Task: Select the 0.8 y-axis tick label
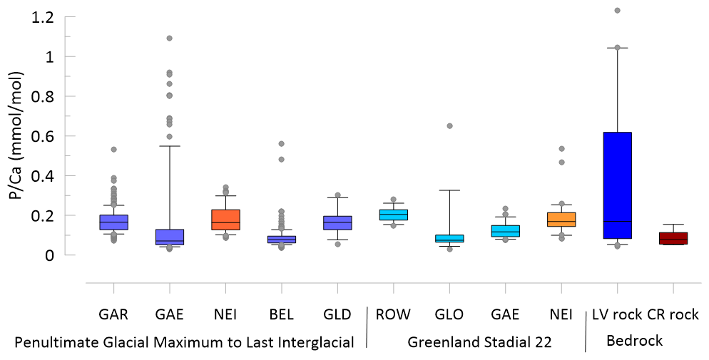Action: (44, 96)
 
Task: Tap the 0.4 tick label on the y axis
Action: (44, 175)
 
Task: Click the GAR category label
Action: (114, 314)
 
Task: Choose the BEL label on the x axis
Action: (282, 314)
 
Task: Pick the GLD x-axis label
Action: (337, 314)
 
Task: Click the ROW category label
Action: (394, 314)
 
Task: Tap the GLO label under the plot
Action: (449, 314)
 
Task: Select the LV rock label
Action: (616, 314)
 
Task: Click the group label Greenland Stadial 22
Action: (479, 342)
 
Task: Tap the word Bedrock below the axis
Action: (634, 341)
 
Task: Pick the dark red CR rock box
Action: (673, 238)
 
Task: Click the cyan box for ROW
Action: (394, 215)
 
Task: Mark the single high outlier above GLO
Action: (450, 125)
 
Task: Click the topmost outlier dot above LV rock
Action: (617, 10)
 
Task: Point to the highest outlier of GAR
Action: (113, 149)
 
